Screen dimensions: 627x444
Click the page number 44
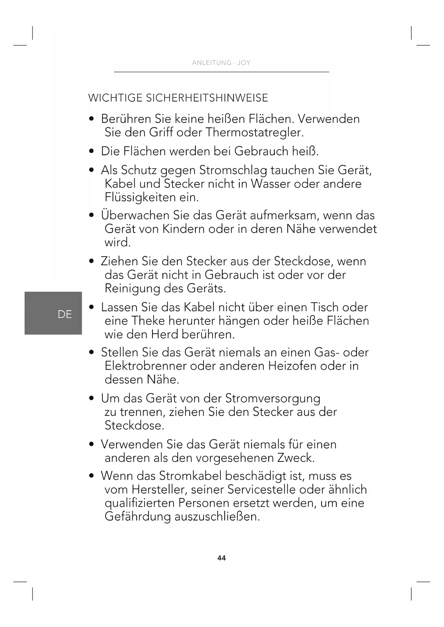click(x=221, y=558)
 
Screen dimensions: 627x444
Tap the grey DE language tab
click(x=53, y=313)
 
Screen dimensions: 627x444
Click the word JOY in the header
click(x=244, y=63)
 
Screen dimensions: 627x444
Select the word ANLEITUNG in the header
click(x=211, y=63)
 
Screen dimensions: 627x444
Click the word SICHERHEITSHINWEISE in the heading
click(x=207, y=98)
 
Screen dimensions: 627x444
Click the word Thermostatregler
click(x=254, y=133)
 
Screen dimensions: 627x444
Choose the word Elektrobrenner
click(x=146, y=366)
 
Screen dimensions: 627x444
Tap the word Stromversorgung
click(x=273, y=399)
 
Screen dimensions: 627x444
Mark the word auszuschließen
click(x=217, y=517)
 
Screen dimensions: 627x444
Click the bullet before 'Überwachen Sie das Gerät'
click(x=92, y=216)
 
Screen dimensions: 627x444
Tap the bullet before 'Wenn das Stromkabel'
click(x=92, y=476)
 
